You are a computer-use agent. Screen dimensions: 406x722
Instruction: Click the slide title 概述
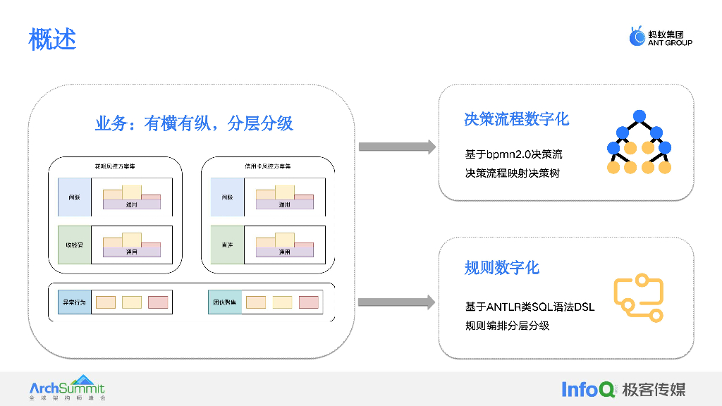pos(52,39)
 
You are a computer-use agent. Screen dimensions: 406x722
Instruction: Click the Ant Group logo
pos(661,37)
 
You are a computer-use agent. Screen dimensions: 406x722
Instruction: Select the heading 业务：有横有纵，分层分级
pos(194,124)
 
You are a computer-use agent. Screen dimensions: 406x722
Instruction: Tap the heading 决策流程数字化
pos(516,118)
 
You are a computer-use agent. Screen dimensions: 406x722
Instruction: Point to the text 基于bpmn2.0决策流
pos(513,154)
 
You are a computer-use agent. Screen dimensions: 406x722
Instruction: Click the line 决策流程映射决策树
pos(512,173)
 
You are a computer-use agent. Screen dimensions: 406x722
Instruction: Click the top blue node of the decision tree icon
pos(640,116)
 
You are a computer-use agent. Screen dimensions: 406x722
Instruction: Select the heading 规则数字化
pos(501,268)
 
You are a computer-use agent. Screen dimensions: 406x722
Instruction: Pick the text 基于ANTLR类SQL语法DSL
pos(530,307)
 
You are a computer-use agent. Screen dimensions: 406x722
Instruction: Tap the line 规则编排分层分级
pos(507,326)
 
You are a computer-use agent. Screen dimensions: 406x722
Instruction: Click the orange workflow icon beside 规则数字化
pos(639,298)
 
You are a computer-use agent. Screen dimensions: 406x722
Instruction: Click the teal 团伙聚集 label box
pos(224,302)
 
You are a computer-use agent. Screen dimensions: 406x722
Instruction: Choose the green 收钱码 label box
pos(74,245)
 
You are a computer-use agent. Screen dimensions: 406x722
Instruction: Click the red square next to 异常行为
pos(158,302)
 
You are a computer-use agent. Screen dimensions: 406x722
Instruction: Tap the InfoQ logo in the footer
pos(588,389)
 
